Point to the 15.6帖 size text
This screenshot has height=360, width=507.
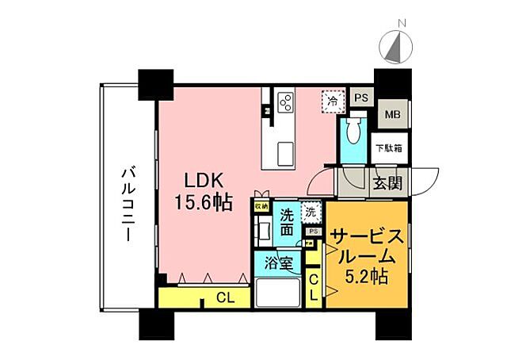(204, 202)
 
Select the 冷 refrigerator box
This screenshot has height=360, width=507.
(334, 101)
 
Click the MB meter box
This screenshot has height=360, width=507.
(392, 114)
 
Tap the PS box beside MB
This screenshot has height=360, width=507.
(361, 98)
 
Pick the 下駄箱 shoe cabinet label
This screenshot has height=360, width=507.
(388, 147)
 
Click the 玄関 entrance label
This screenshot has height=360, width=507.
(387, 183)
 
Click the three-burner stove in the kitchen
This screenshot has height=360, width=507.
(285, 102)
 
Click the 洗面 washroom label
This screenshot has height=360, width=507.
(287, 221)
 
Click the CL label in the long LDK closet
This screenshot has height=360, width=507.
(225, 298)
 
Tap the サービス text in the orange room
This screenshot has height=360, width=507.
(368, 236)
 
